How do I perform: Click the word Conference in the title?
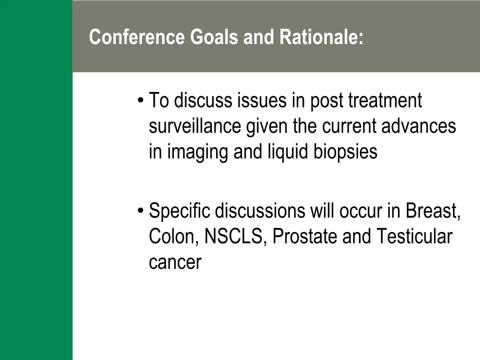point(137,37)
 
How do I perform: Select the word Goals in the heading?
point(214,37)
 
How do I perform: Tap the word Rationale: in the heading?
point(321,37)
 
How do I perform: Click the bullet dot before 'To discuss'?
point(141,100)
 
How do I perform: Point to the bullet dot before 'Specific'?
point(141,210)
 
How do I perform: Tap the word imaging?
point(198,152)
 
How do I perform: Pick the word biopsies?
point(345,152)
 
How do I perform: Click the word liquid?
point(288,152)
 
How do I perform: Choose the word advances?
point(419,126)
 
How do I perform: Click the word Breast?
point(433,211)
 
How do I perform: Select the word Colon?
point(174,237)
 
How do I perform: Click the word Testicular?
point(414,237)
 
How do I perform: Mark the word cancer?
point(175,262)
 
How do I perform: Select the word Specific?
point(180,211)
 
